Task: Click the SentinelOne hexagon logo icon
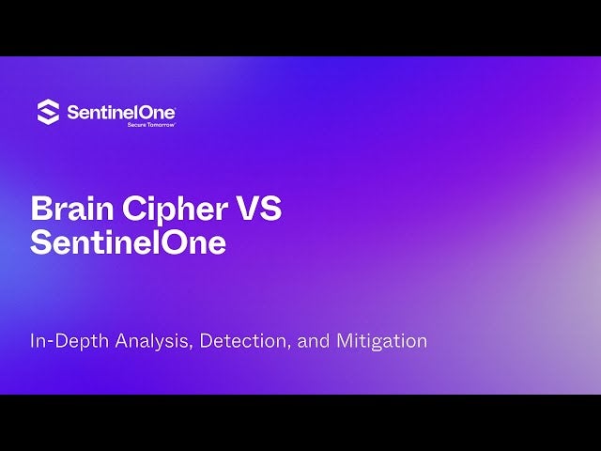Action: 48,113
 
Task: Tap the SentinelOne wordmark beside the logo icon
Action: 121,113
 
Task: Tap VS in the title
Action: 257,209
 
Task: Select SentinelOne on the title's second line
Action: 128,242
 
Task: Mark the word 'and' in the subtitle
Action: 312,341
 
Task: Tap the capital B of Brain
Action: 41,209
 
